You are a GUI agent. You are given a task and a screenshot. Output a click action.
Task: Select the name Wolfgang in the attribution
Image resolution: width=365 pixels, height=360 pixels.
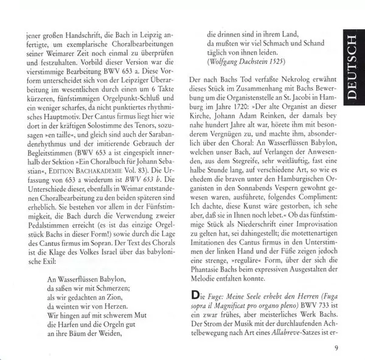pyautogui.click(x=226, y=61)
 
